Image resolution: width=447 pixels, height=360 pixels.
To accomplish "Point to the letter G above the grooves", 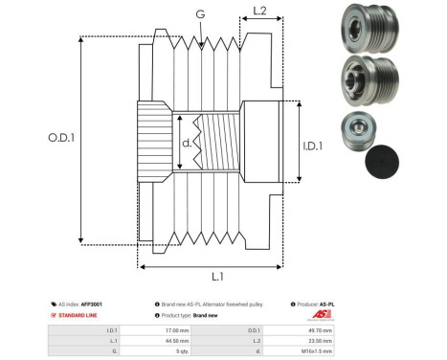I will [x=199, y=14].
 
